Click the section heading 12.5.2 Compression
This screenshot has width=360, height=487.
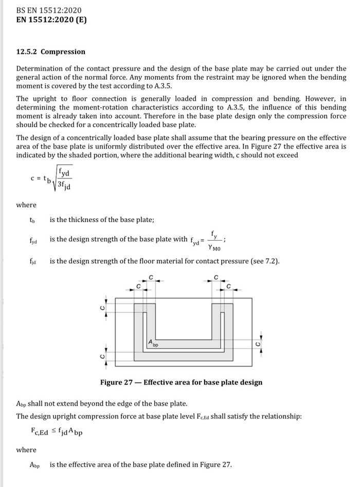51,52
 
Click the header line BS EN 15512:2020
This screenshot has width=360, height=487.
49,10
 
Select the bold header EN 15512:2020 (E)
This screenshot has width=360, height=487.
51,21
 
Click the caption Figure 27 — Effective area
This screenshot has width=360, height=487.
182,382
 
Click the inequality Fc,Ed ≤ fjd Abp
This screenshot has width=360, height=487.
57,432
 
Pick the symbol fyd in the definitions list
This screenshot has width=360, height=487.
33,240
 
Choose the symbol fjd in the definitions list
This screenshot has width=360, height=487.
33,261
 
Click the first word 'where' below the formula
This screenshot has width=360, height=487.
26,205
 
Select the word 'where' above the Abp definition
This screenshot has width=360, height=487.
26,449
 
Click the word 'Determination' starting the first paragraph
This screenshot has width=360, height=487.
39,68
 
